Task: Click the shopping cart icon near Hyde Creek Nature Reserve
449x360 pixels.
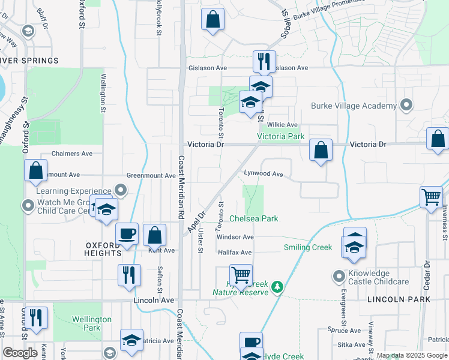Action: click(241, 275)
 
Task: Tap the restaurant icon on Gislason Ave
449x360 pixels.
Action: click(264, 61)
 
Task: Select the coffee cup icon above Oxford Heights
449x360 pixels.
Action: click(127, 233)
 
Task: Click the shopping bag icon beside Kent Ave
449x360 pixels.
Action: click(155, 235)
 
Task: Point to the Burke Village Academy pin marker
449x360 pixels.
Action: click(406, 105)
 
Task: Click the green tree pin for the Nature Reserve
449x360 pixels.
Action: click(277, 287)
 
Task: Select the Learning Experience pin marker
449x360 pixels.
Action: click(121, 191)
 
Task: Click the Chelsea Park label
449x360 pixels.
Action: click(254, 218)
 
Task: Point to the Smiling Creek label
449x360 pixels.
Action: click(308, 247)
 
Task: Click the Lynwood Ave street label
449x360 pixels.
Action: click(263, 173)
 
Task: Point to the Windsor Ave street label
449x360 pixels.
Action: click(235, 237)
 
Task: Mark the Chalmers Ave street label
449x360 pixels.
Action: click(72, 154)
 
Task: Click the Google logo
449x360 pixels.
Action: click(20, 353)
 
